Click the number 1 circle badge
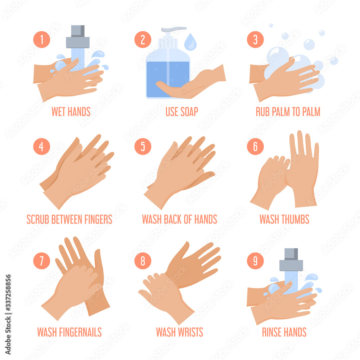41,40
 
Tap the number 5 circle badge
143,147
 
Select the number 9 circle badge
255,261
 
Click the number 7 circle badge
41,261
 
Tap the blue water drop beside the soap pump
190,42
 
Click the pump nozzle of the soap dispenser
174,29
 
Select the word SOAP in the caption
189,112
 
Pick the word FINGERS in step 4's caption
98,219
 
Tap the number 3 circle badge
255,40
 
